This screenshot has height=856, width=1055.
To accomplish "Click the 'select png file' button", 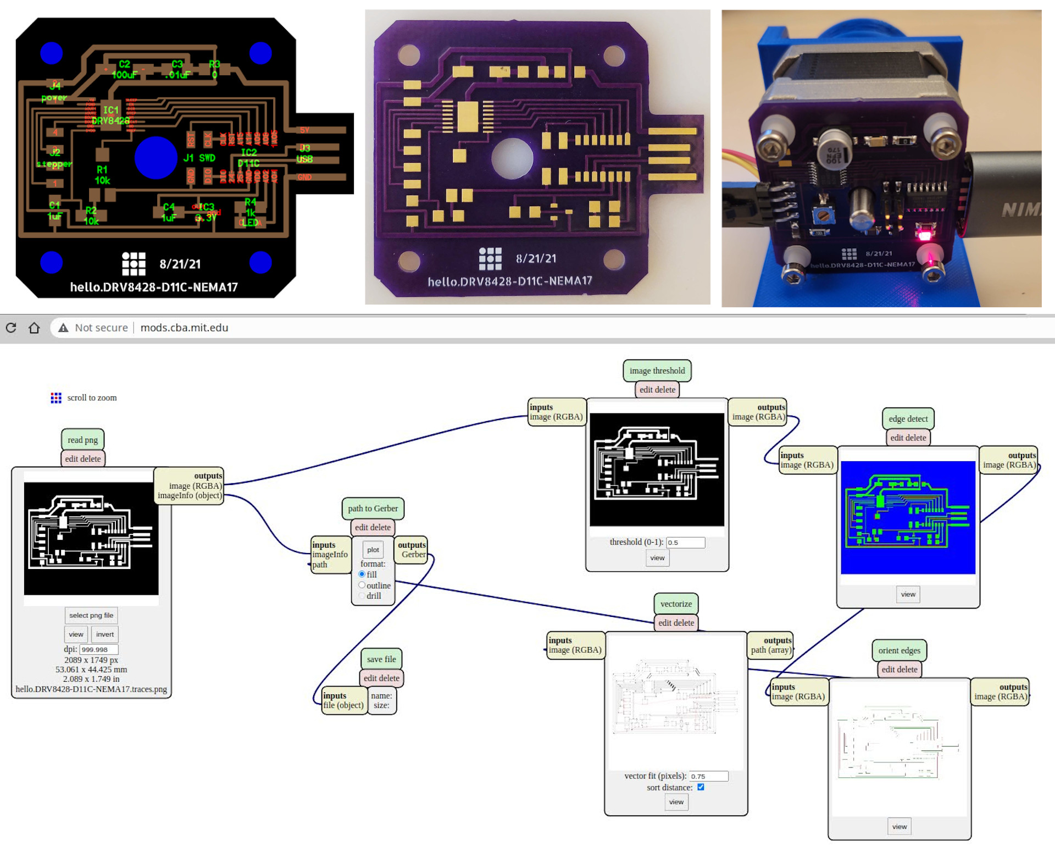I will point(91,615).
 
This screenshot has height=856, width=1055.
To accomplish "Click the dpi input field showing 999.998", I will point(99,649).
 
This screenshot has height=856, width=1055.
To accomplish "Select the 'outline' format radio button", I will point(362,585).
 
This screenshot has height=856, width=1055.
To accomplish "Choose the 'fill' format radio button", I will point(362,574).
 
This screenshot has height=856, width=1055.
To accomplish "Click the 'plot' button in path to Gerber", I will point(373,550).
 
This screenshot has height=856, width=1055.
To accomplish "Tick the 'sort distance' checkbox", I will point(701,787).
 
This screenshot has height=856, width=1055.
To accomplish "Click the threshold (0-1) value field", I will point(685,543).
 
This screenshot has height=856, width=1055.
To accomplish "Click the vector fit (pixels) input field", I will point(708,776).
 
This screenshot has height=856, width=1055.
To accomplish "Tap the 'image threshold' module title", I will point(657,371).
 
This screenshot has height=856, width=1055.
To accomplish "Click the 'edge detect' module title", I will point(908,419).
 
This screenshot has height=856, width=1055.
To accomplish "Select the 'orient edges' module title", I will point(899,650).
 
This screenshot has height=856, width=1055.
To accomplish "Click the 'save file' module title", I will point(381,659).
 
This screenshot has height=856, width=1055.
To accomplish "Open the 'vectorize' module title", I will point(676,604).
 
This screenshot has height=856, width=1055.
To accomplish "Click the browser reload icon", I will point(11,328).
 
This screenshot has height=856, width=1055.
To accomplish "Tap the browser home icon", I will point(34,328).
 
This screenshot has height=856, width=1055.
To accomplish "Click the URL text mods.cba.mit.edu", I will point(184,328).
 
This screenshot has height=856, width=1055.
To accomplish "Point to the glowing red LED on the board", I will point(924,235).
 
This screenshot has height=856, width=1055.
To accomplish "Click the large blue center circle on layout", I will point(156,158).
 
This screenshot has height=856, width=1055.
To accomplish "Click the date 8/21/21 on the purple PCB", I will point(536,258).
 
